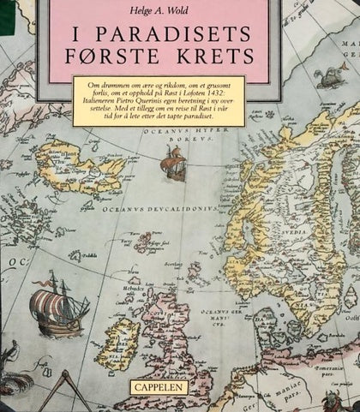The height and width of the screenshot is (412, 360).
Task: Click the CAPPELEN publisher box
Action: [x=158, y=386]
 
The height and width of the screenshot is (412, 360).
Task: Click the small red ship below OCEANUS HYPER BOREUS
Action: [x=174, y=163]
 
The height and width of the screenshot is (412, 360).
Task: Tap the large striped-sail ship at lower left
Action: [x=57, y=303]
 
